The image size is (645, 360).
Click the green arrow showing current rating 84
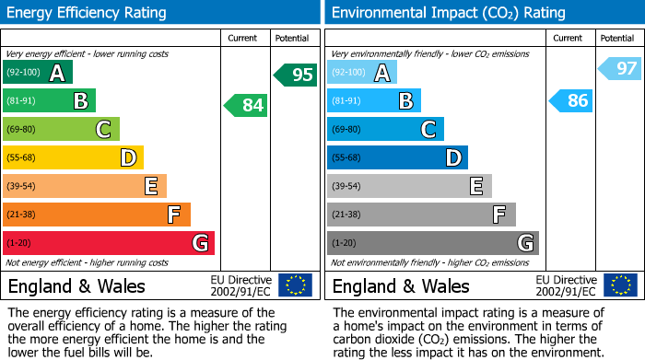[x=246, y=105]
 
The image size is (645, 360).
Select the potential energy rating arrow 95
[x=296, y=75]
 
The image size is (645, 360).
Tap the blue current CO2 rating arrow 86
[x=570, y=100]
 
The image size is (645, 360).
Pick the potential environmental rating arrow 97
[x=620, y=68]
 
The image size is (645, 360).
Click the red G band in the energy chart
[x=109, y=243]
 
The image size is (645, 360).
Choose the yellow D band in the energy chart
[x=73, y=157]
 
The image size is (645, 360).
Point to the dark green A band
[x=38, y=73]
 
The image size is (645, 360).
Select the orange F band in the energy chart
[x=97, y=215]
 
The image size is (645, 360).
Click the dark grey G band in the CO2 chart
[x=432, y=243]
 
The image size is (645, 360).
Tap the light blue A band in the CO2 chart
[x=362, y=73]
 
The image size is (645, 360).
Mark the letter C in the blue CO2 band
[x=428, y=130]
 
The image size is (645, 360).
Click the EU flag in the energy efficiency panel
[x=295, y=285]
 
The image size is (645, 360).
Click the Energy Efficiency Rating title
[x=88, y=13]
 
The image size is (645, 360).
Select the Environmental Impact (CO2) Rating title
[x=448, y=13]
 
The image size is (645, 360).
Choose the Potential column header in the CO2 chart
[x=617, y=38]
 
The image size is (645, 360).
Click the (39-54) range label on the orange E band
[x=22, y=187]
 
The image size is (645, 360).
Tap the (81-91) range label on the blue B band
[x=346, y=101]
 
